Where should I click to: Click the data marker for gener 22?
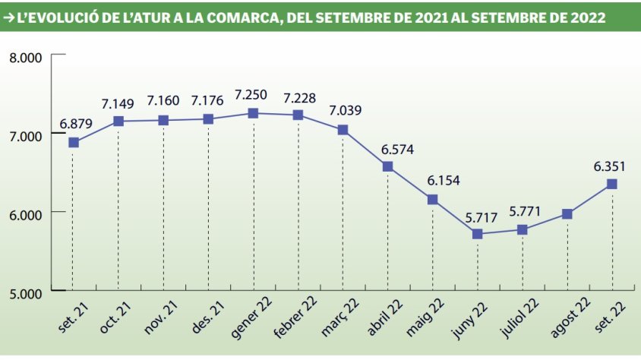(253, 113)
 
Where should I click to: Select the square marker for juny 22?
(477, 234)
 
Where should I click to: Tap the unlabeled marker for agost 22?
(567, 214)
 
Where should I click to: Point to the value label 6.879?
(74, 124)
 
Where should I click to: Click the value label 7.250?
(252, 95)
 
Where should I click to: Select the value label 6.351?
(611, 166)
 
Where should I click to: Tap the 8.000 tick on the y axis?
(24, 57)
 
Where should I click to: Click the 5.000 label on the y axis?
(24, 292)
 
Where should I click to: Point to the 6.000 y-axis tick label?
(24, 213)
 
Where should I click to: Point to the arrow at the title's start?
(8, 15)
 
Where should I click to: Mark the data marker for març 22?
(343, 130)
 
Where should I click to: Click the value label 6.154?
(433, 182)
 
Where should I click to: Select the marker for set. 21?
(74, 142)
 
